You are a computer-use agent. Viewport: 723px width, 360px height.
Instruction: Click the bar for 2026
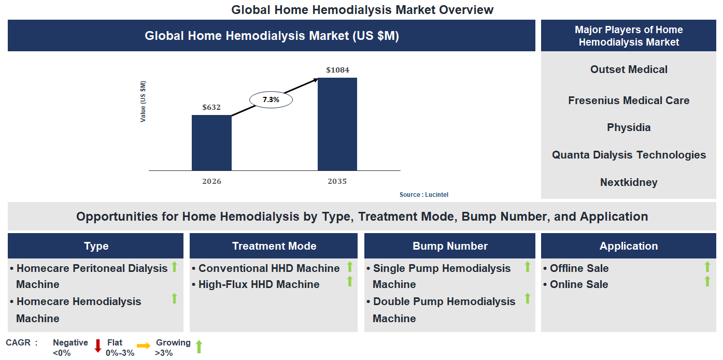[x=211, y=142]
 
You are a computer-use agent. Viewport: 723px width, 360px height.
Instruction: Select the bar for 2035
[x=337, y=124]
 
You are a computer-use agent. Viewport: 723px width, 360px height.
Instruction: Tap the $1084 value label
[x=337, y=70]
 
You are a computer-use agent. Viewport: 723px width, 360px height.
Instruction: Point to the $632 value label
[x=211, y=107]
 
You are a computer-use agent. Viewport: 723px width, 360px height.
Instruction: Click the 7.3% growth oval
[x=271, y=99]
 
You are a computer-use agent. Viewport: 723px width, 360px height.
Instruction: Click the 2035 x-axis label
[x=337, y=181]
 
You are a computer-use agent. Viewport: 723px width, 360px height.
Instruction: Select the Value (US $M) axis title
[x=143, y=102]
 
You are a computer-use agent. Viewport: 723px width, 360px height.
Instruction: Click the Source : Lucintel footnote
[x=423, y=195]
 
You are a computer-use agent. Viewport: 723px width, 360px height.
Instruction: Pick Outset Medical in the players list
[x=629, y=69]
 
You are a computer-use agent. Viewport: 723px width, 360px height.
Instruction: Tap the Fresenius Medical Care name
[x=629, y=100]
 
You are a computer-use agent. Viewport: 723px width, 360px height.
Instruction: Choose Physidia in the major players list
[x=629, y=127]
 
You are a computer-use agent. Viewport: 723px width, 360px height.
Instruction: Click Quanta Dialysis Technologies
[x=629, y=155]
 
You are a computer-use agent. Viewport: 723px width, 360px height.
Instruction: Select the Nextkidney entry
[x=629, y=182]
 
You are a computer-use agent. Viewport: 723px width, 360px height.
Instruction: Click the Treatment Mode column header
[x=274, y=246]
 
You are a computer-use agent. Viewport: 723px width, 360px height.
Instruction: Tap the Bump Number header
[x=449, y=246]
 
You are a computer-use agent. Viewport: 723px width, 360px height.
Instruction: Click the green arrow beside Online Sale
[x=707, y=281]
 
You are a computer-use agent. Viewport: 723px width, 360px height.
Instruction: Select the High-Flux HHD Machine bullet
[x=259, y=284]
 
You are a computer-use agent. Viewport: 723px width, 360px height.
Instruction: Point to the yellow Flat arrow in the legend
[x=144, y=345]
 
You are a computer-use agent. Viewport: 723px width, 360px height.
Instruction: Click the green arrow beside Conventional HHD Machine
[x=350, y=267]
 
